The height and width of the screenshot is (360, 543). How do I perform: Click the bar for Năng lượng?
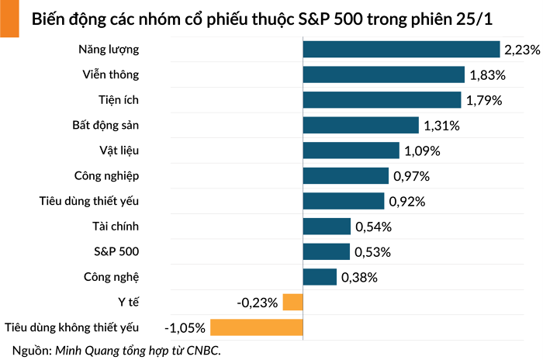tap(401, 50)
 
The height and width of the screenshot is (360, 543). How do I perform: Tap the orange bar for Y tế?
tap(292, 302)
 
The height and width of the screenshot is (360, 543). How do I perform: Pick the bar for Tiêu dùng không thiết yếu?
tap(256, 327)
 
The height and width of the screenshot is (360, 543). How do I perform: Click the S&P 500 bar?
tap(327, 251)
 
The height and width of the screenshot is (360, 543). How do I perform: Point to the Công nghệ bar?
tap(320, 277)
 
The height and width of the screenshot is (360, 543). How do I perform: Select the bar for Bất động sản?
tap(360, 125)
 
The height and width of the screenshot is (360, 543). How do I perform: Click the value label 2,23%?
tap(521, 50)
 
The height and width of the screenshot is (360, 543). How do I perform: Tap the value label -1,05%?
tap(185, 327)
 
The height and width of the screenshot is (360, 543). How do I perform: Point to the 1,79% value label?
tap(486, 100)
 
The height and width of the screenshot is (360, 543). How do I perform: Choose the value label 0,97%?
tap(411, 176)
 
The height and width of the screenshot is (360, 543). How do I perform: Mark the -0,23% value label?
tap(258, 303)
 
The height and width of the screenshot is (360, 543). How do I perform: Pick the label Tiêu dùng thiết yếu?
tap(89, 201)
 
